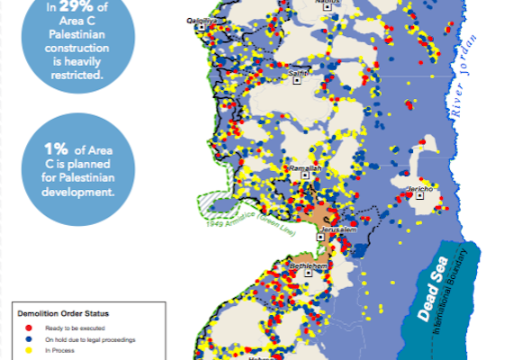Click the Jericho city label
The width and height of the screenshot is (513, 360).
coord(420,190)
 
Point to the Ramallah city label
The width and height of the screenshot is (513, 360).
coord(302,168)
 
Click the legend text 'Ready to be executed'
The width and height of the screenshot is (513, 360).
coord(72,327)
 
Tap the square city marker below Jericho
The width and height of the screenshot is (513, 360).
coord(419,202)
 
